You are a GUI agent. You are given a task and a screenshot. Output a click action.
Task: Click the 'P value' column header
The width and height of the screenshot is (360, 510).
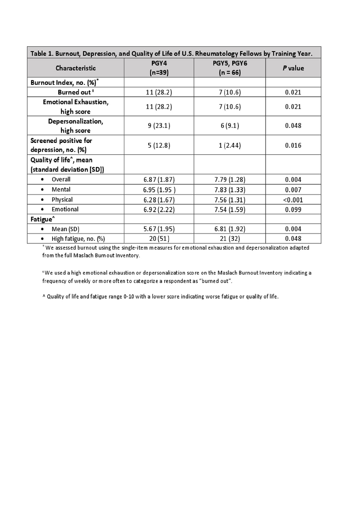(x=293, y=68)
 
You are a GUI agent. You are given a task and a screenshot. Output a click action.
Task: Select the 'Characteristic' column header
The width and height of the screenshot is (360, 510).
(x=76, y=68)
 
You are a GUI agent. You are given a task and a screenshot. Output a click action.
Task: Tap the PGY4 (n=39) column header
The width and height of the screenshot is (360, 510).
(x=159, y=68)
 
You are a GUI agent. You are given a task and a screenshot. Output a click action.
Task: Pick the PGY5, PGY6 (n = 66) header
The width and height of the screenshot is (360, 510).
(x=230, y=68)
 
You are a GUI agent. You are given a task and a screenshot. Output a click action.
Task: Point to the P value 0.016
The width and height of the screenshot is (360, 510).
(x=293, y=145)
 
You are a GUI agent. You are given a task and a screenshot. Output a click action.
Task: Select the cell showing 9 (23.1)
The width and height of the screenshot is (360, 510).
(x=159, y=125)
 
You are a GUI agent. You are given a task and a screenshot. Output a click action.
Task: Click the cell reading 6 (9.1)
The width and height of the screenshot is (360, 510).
(x=230, y=125)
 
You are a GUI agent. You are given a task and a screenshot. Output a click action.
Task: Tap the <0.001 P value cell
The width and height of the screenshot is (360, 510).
(x=293, y=200)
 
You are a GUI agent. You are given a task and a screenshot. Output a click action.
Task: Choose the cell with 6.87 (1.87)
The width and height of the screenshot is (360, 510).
(x=159, y=179)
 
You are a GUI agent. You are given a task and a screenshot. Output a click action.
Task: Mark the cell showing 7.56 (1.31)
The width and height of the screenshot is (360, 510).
(x=230, y=200)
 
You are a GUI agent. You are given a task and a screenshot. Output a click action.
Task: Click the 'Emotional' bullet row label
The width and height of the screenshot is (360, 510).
(x=65, y=209)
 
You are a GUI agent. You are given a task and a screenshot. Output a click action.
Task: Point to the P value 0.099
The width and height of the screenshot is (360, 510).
(x=293, y=210)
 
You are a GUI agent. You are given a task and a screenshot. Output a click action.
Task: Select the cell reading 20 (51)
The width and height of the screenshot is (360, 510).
(x=159, y=239)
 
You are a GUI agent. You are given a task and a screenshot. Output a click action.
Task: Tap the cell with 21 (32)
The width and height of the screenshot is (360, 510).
(x=230, y=239)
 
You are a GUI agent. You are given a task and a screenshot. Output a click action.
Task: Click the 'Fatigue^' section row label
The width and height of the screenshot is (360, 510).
(x=42, y=219)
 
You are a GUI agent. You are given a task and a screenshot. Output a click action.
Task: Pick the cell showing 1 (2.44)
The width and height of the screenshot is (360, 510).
(x=230, y=145)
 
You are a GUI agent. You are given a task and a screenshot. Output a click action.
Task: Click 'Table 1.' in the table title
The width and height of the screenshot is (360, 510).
(x=42, y=53)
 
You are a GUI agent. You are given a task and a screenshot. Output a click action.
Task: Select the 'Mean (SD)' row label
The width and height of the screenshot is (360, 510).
(x=63, y=229)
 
